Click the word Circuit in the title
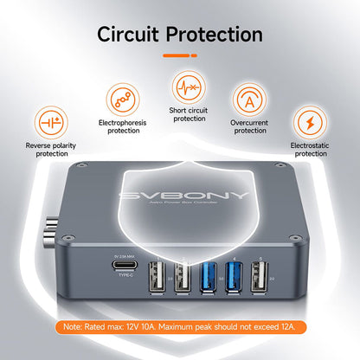pyautogui.click(x=131, y=35)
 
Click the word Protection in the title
pyautogui.click(x=215, y=35)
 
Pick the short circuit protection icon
pyautogui.click(x=189, y=87)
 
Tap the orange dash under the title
pyautogui.click(x=179, y=55)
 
